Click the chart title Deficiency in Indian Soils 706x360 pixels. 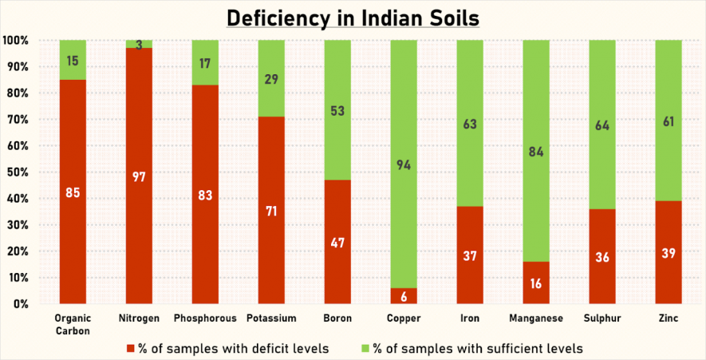[353, 17]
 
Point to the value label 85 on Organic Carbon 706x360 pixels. [73, 192]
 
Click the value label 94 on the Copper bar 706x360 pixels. [404, 165]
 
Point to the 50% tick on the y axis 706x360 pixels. [17, 172]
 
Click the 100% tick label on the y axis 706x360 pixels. [15, 40]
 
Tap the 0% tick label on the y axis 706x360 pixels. [20, 304]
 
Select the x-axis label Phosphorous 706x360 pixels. [205, 318]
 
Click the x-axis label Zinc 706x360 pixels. [668, 318]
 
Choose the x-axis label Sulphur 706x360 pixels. [601, 318]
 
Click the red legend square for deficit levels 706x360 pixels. [131, 348]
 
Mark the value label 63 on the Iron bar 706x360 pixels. [470, 124]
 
